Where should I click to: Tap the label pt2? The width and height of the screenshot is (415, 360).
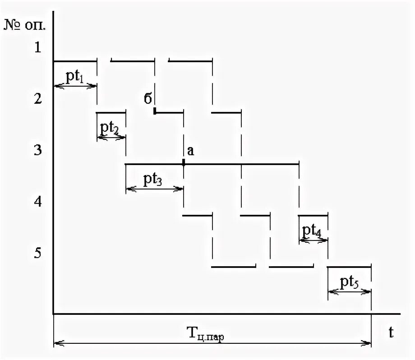[x=110, y=129]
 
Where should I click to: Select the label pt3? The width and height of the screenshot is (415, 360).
[x=153, y=180]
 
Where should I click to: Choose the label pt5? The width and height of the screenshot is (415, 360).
[x=350, y=282]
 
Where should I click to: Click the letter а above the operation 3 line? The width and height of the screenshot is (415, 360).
[x=190, y=152]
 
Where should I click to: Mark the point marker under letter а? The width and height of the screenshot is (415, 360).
[x=184, y=163]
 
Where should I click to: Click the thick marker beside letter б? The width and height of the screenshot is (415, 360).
[x=155, y=111]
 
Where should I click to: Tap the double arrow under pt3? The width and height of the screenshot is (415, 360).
[x=154, y=189]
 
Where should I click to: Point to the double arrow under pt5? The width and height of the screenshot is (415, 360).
[x=350, y=292]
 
